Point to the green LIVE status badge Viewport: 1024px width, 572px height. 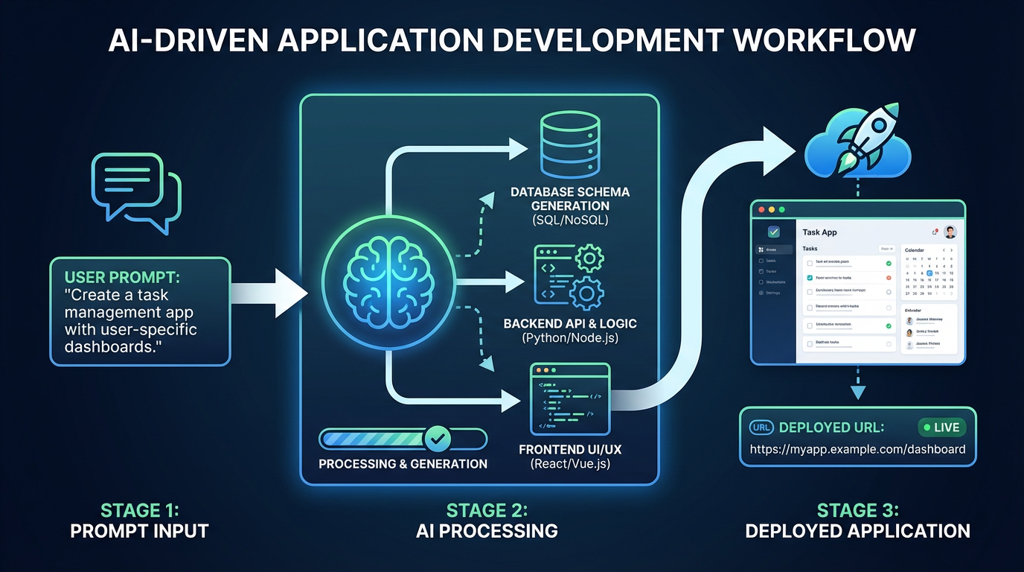coord(941,428)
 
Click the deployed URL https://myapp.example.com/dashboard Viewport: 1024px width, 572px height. coord(857,449)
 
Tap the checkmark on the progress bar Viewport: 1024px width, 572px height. coord(437,439)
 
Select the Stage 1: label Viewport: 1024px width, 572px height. coord(139,510)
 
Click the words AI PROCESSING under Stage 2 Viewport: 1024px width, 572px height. coord(487,531)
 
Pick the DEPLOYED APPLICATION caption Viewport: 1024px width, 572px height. coord(857,531)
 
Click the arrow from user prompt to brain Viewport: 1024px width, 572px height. coord(268,290)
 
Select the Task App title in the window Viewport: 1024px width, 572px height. coord(819,232)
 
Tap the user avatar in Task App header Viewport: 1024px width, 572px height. coord(950,232)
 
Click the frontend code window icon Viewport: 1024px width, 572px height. coord(569,399)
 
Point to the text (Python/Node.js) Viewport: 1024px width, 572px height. coord(570,338)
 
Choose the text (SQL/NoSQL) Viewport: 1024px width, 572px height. coord(570,220)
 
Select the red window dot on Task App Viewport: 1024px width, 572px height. coord(760,209)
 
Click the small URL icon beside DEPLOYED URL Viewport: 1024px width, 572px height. coord(761,428)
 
